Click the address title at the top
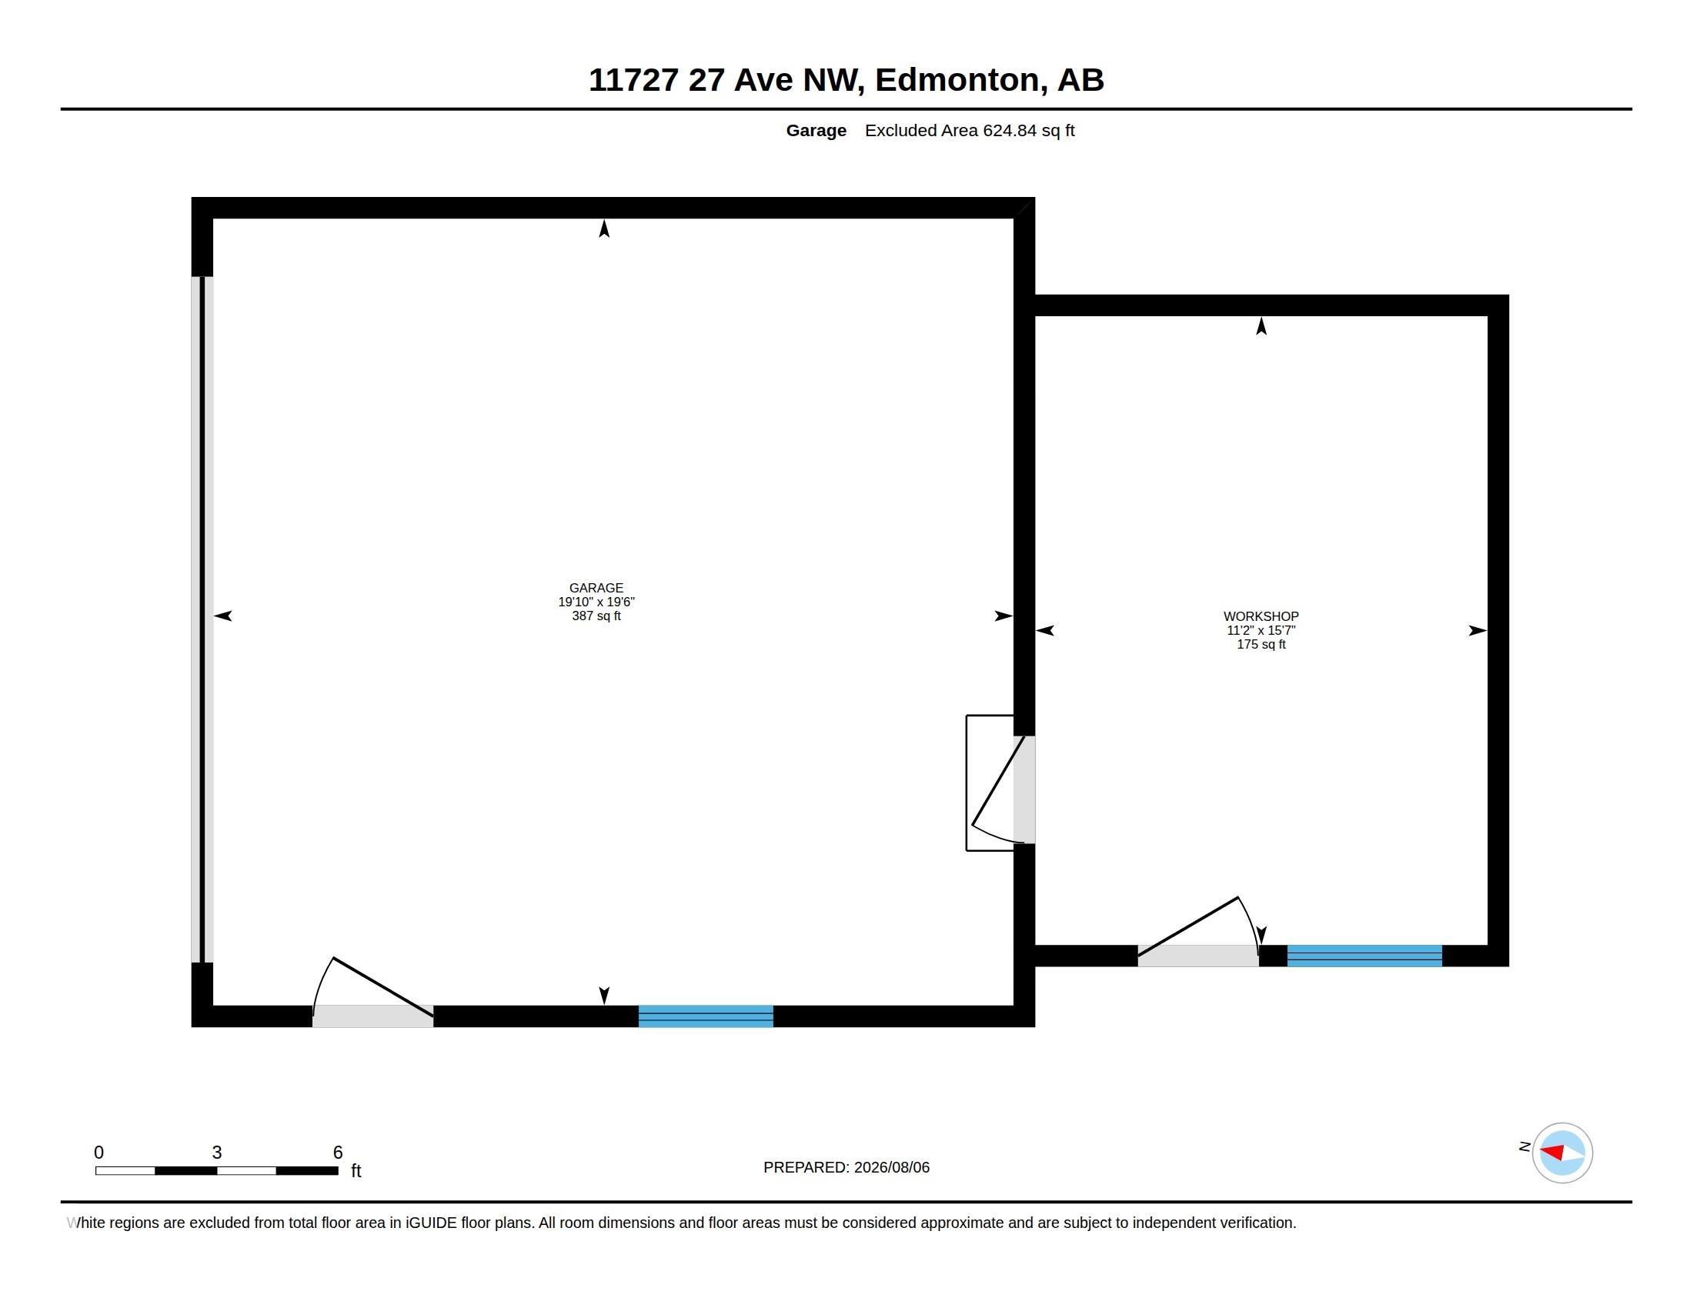click(x=846, y=80)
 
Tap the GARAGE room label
click(x=596, y=588)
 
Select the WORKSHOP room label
click(x=1261, y=617)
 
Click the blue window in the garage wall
click(x=706, y=1016)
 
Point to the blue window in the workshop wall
click(x=1364, y=956)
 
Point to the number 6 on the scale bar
click(x=338, y=1153)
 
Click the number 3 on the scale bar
click(x=217, y=1153)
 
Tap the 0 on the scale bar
click(x=99, y=1153)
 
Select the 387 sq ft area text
click(x=596, y=616)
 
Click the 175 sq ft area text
click(x=1261, y=645)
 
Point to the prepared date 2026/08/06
click(x=891, y=1168)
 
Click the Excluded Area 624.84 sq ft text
click(x=970, y=131)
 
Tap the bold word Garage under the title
click(x=816, y=131)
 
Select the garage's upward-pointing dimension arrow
click(x=605, y=229)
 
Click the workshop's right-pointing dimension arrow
click(x=1478, y=631)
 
